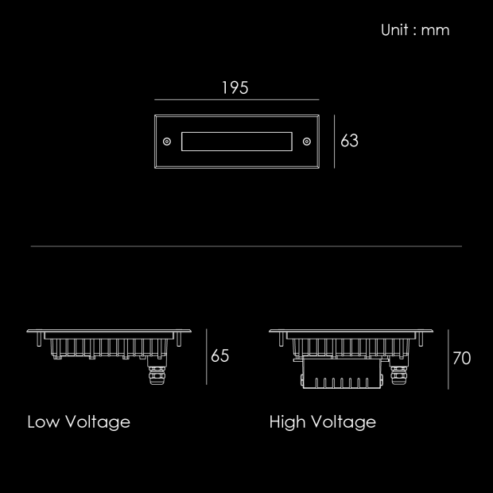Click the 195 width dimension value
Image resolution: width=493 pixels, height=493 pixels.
(235, 87)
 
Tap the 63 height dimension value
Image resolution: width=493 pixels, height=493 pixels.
(349, 141)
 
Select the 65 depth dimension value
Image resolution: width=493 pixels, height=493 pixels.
(219, 356)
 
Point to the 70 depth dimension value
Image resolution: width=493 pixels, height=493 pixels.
(461, 358)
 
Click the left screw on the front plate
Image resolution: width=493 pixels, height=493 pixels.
(167, 142)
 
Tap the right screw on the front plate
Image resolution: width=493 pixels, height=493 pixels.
(307, 142)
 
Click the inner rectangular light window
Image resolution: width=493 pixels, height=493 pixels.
(237, 132)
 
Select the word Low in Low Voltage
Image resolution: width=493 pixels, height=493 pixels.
(43, 421)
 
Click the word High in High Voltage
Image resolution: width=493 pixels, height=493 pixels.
(287, 422)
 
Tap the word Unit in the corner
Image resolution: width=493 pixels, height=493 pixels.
(394, 30)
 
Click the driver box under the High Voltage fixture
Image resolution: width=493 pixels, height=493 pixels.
(341, 374)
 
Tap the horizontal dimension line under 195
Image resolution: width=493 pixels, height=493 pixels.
(237, 99)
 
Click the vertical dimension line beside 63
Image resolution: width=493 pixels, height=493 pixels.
(334, 142)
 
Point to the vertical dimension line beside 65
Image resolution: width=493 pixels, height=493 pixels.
(207, 357)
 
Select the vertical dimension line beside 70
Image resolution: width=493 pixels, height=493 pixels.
(448, 359)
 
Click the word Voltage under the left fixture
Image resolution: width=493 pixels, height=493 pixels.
(98, 422)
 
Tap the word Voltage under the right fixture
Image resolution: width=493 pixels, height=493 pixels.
(344, 422)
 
